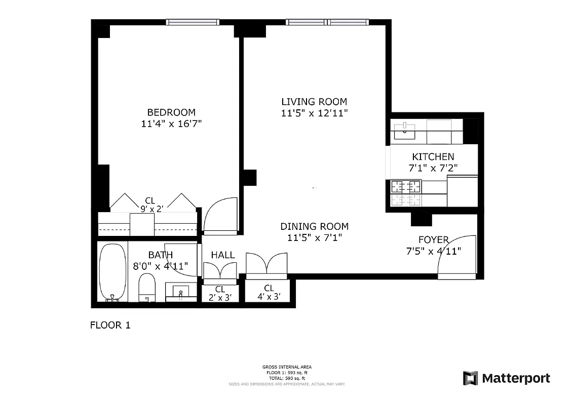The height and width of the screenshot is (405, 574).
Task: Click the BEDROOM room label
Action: click(x=171, y=112)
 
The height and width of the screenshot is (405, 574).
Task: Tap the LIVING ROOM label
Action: click(x=314, y=102)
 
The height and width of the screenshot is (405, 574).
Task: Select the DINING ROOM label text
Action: click(x=314, y=226)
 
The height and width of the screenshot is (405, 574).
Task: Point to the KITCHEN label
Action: click(x=433, y=157)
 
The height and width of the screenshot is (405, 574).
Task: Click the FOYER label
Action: click(x=433, y=239)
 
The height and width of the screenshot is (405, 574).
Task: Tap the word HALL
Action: click(x=223, y=255)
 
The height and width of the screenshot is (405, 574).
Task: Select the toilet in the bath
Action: click(x=147, y=287)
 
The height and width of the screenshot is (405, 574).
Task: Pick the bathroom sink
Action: click(x=181, y=292)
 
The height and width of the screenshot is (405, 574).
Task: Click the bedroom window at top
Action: click(x=193, y=22)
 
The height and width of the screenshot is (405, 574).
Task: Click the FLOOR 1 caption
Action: click(x=110, y=325)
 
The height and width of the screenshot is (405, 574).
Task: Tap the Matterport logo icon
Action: click(x=471, y=378)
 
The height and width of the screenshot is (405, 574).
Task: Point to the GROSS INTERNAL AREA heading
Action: click(x=287, y=367)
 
